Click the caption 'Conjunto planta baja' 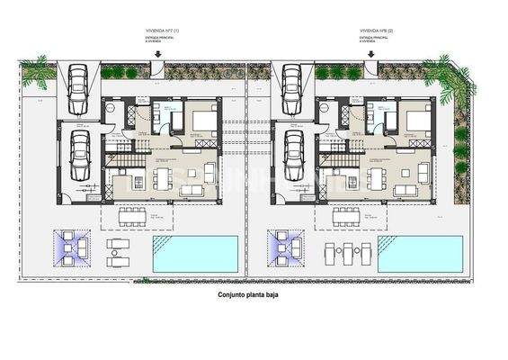[254, 294]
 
